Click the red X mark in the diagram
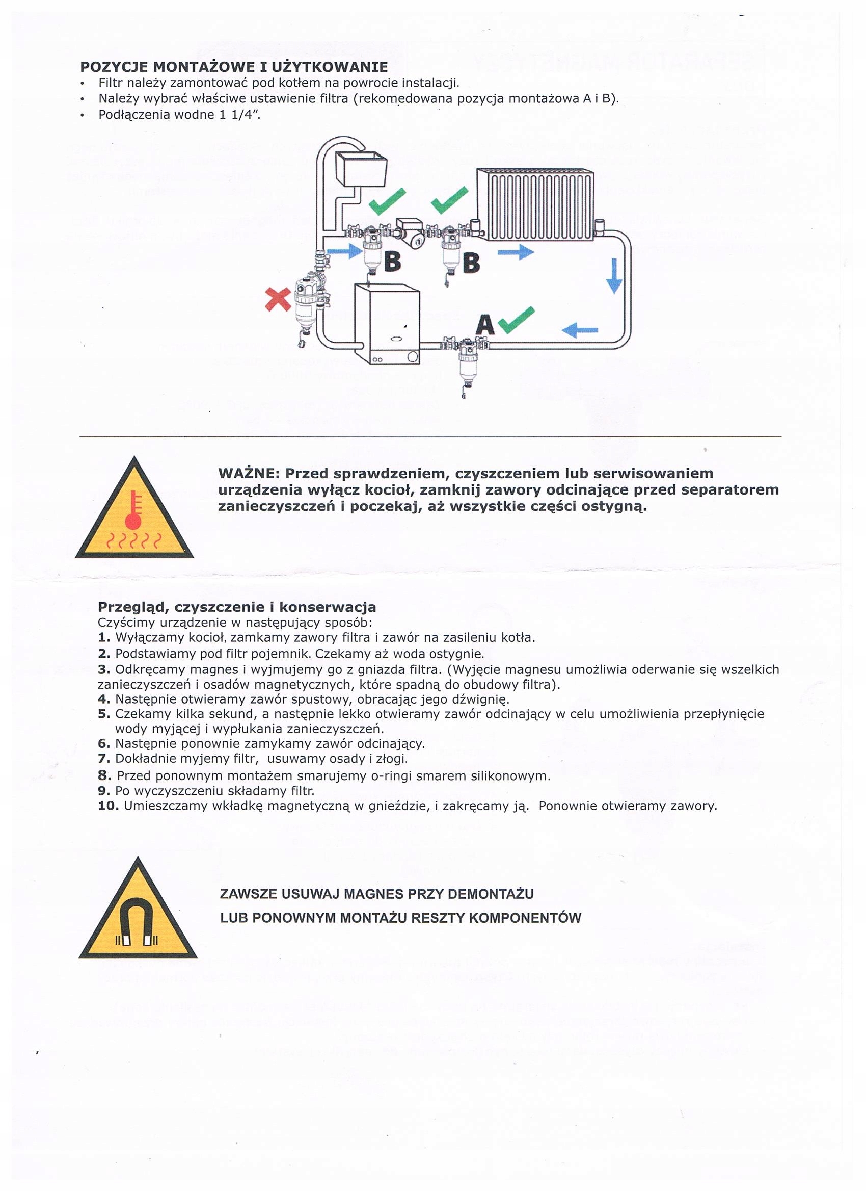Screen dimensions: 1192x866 (278, 299)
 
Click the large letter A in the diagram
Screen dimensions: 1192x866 (485, 324)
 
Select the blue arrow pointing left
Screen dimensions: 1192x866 (580, 330)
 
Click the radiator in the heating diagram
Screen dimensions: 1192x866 (536, 204)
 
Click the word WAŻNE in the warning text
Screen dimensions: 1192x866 (249, 473)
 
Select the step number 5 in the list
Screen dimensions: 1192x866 (103, 714)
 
